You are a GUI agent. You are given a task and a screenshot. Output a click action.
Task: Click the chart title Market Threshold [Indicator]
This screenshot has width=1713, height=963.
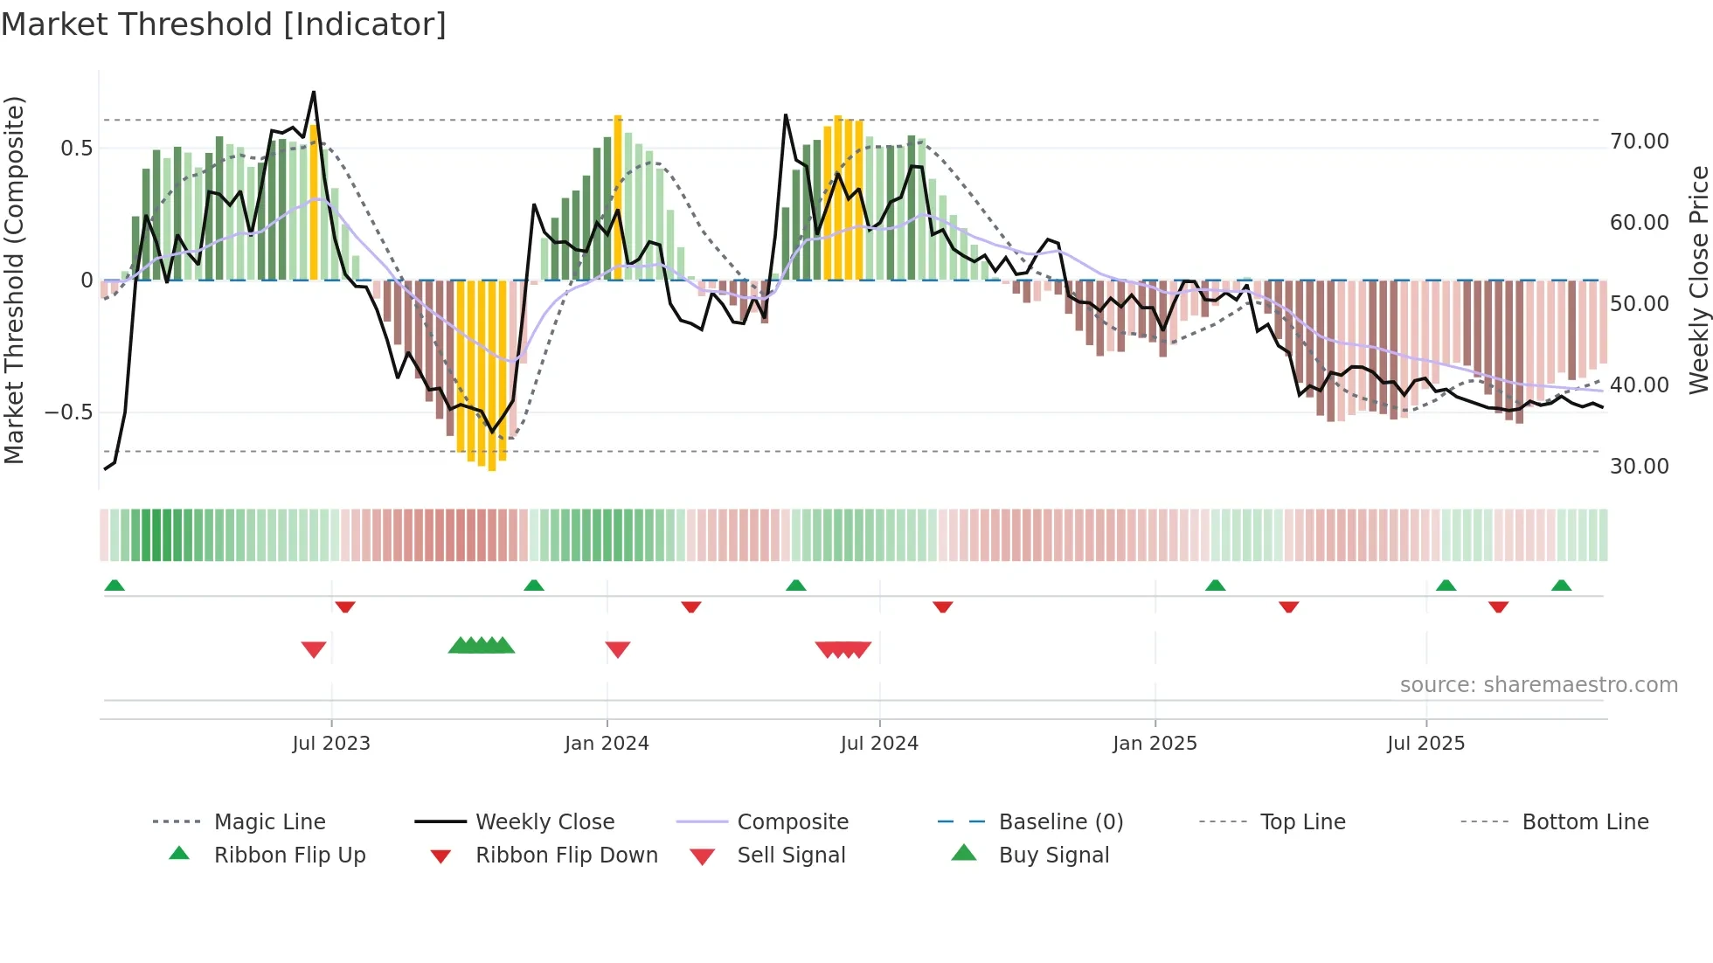pos(224,24)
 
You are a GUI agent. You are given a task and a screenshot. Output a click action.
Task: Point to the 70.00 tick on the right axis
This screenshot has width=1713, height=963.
pos(1639,142)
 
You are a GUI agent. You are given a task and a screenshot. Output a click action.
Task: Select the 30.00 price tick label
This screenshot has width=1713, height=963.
pos(1639,467)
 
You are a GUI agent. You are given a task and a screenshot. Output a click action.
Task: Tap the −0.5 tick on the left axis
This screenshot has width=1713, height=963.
pos(68,412)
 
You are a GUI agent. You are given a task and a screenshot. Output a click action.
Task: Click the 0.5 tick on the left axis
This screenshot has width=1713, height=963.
pos(76,149)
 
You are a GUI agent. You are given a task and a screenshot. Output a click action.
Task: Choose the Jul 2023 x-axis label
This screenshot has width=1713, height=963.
pos(331,744)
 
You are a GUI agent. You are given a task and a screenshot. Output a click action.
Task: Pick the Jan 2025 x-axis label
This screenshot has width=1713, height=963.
pos(1155,744)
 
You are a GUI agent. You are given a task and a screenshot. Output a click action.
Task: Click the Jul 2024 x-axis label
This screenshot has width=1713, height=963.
pos(879,744)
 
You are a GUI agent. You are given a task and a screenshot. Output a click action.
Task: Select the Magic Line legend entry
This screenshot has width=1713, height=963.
pos(269,822)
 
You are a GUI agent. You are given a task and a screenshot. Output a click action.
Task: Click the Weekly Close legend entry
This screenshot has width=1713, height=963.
pos(544,822)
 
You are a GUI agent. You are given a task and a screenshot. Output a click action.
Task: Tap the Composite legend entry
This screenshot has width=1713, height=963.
pos(793,822)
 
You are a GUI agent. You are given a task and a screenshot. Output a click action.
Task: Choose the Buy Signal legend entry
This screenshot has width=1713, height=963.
pos(1053,856)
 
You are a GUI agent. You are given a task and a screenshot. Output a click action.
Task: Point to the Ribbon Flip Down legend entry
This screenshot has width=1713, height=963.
pos(566,856)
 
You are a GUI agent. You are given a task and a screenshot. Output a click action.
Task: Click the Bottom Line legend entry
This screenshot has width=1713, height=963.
pos(1585,822)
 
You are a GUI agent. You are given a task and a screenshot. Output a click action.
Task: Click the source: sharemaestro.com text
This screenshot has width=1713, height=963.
pos(1538,685)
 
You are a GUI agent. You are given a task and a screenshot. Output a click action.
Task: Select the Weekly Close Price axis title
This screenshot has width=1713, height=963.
pos(1698,280)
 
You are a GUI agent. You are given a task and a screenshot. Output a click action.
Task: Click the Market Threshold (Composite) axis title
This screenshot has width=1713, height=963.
pos(14,280)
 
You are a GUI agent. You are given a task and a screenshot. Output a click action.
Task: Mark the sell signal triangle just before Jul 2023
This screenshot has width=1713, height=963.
pos(314,649)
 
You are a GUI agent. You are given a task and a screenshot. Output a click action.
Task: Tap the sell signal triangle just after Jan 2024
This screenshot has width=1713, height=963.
pos(618,649)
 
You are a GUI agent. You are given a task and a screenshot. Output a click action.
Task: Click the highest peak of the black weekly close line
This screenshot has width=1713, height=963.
pos(314,92)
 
